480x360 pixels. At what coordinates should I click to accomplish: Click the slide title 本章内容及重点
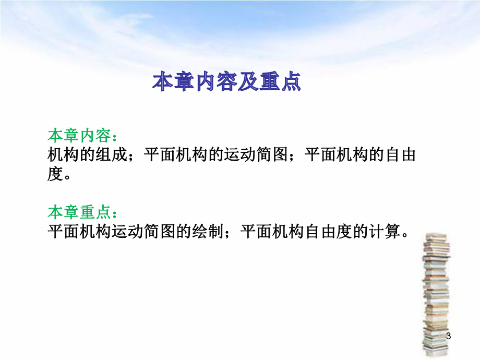click(x=226, y=82)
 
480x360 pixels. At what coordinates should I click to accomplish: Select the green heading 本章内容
click(x=79, y=136)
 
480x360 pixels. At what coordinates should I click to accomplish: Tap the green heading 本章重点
click(x=79, y=212)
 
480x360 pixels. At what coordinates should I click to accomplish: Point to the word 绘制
click(x=207, y=231)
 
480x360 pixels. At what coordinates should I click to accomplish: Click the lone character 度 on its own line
click(x=55, y=174)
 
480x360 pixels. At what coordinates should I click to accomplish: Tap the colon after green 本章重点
click(x=115, y=213)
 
